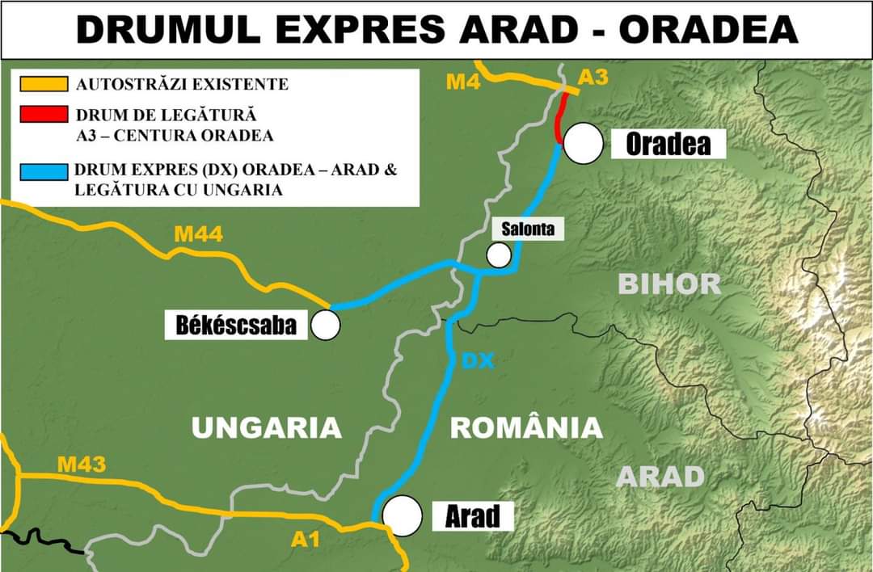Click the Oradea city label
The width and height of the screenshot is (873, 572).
click(668, 144)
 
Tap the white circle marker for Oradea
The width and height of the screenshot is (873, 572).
click(584, 144)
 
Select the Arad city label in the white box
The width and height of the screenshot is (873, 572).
click(472, 515)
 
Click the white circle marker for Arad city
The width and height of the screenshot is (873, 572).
click(403, 515)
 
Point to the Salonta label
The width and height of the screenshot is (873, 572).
click(528, 229)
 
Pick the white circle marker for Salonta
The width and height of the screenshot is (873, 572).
click(499, 255)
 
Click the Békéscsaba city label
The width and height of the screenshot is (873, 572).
click(236, 325)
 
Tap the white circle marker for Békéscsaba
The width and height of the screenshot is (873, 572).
click(326, 325)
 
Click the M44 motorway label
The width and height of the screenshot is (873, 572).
click(198, 235)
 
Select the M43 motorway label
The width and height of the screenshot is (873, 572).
click(81, 465)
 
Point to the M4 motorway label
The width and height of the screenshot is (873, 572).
click(462, 82)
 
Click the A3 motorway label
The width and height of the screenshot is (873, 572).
click(593, 78)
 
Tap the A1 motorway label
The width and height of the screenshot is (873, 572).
click(306, 540)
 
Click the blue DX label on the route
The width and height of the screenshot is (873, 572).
click(478, 361)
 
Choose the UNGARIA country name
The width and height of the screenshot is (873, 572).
click(267, 427)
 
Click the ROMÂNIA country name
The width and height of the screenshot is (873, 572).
click(526, 427)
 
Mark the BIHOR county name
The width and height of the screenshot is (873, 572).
click(669, 284)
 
